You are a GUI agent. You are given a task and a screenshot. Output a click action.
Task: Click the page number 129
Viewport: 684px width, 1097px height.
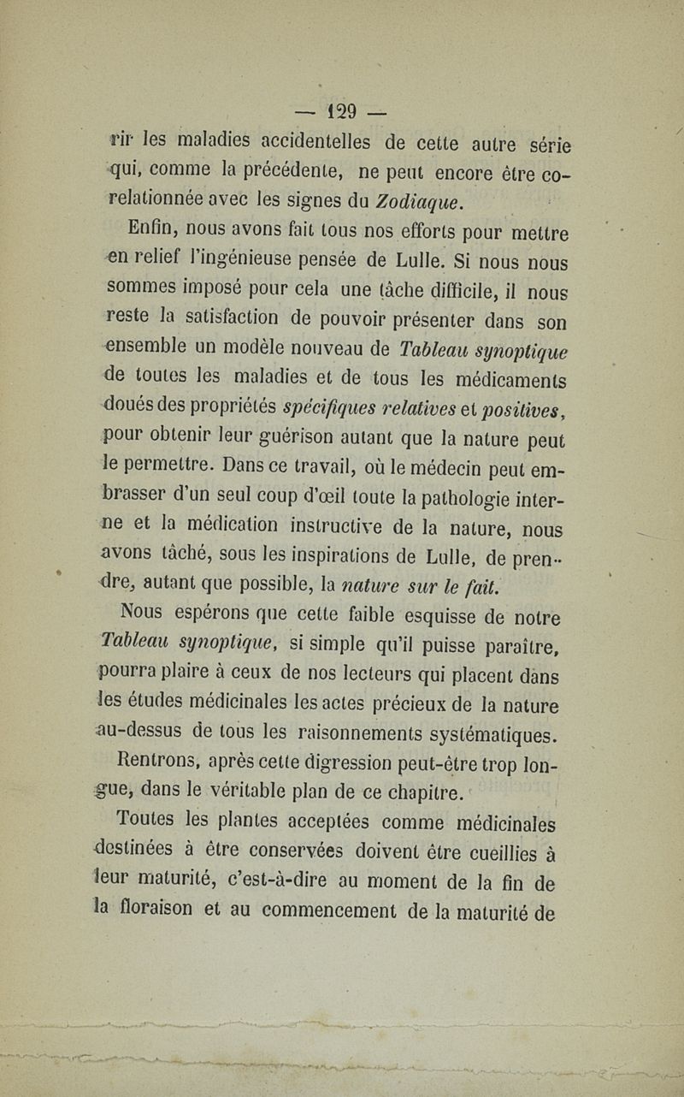pos(345,111)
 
